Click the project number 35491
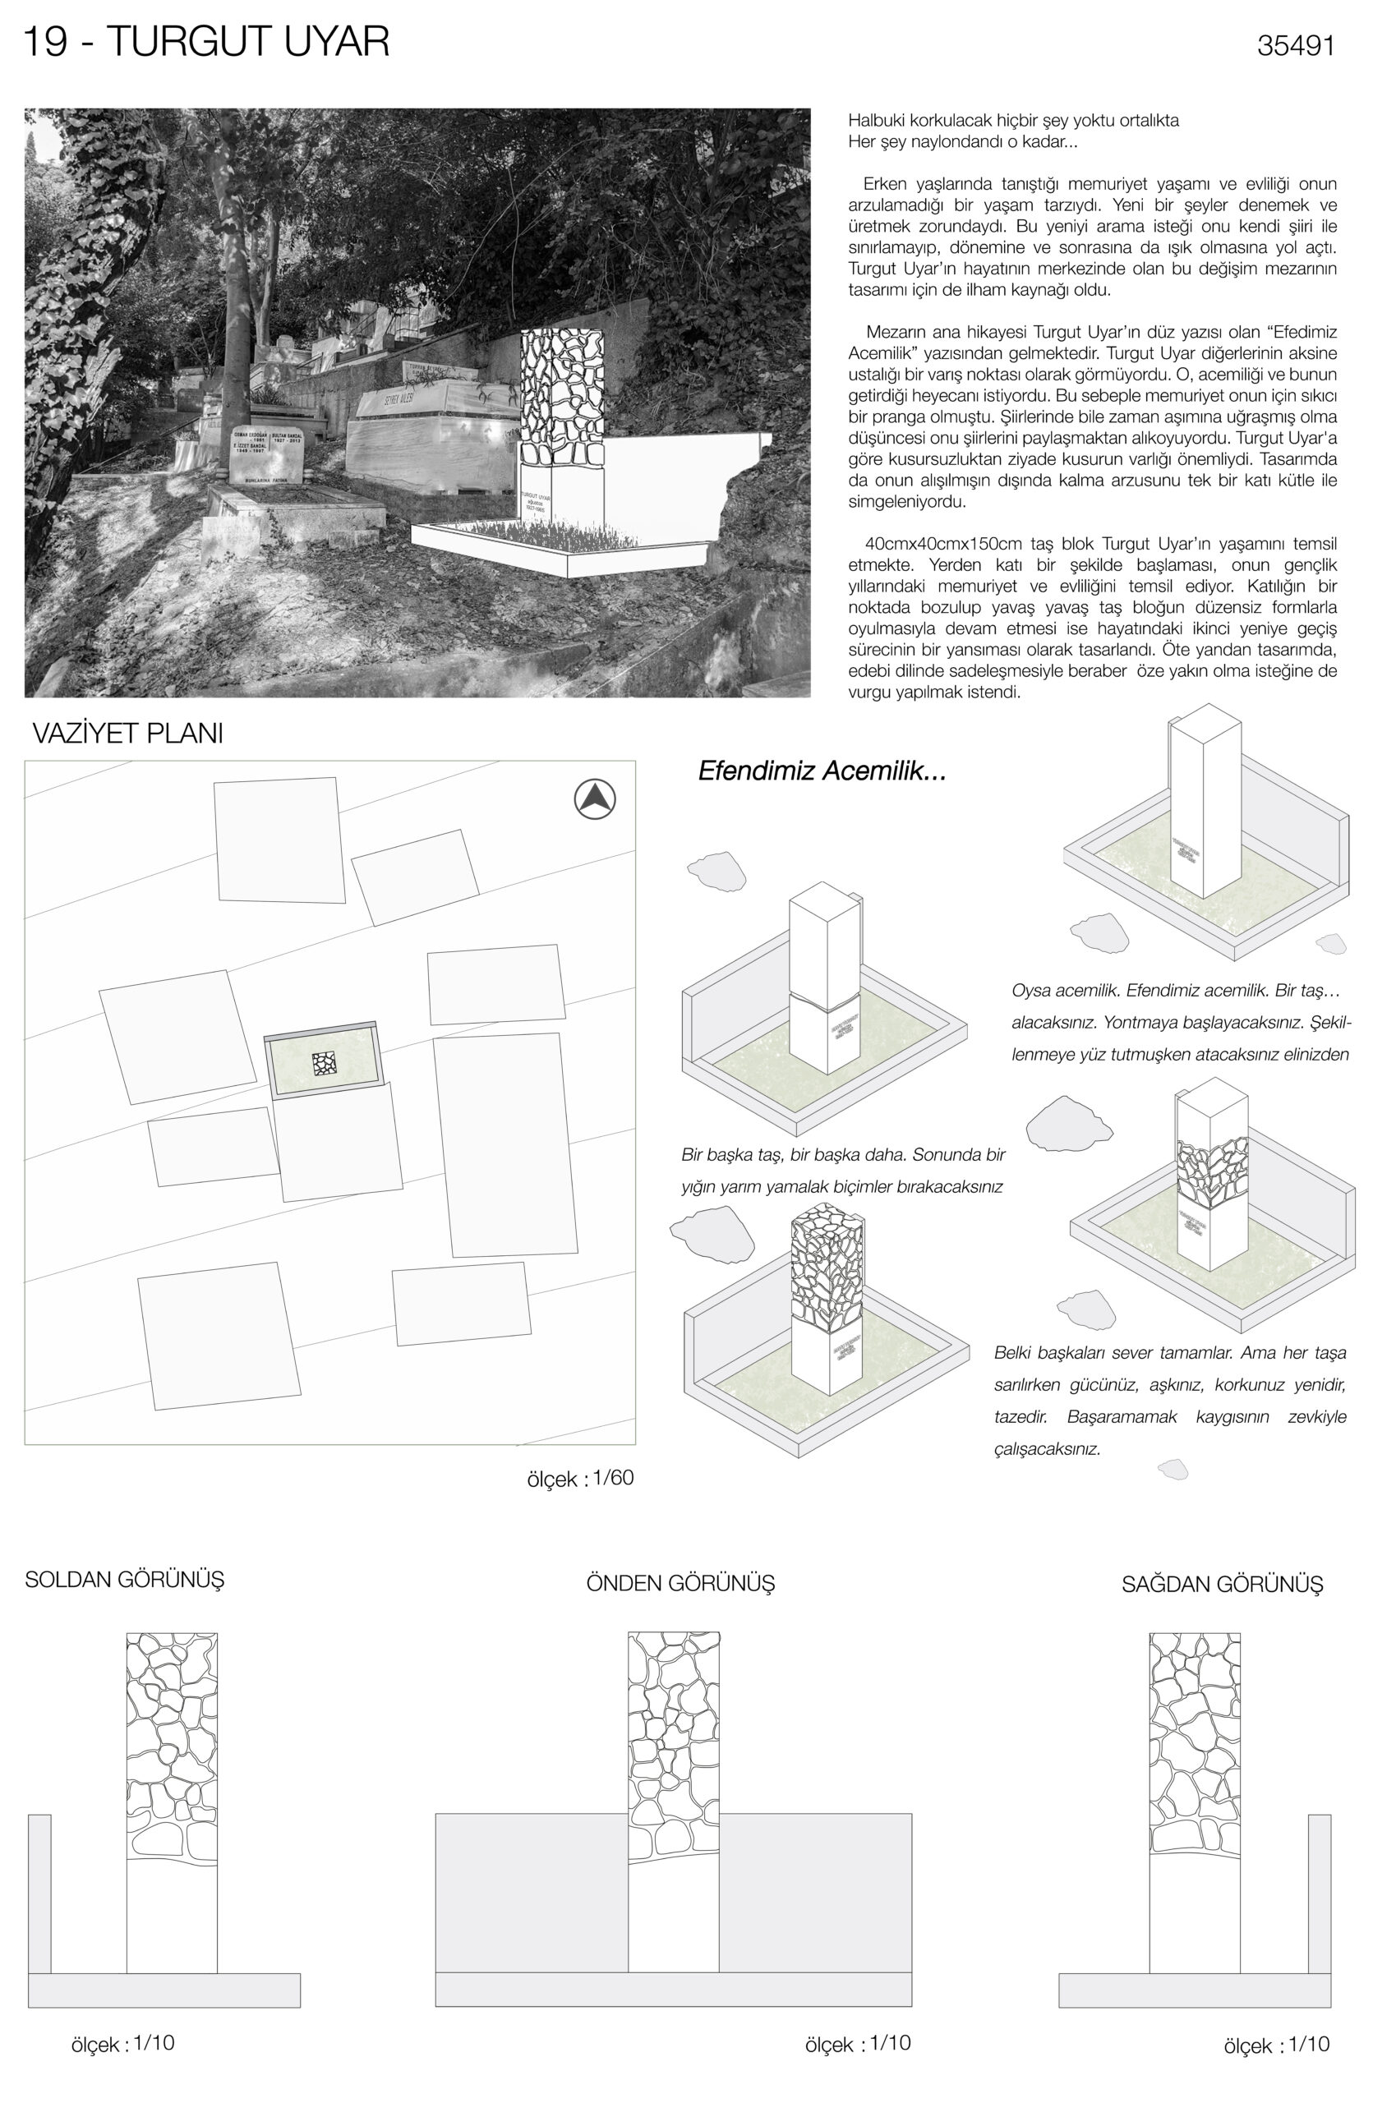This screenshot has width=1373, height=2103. (x=1294, y=46)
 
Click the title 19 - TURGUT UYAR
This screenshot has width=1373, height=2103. (x=205, y=43)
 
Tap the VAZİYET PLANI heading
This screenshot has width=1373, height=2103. (x=127, y=734)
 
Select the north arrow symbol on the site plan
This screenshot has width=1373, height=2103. (x=595, y=798)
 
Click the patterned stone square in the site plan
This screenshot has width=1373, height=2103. (x=325, y=1064)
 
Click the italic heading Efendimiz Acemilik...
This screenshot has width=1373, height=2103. (x=822, y=771)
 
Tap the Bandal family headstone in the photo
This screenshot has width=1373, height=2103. (x=266, y=455)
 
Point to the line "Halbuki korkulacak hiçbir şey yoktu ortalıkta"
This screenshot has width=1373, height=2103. (x=1012, y=120)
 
